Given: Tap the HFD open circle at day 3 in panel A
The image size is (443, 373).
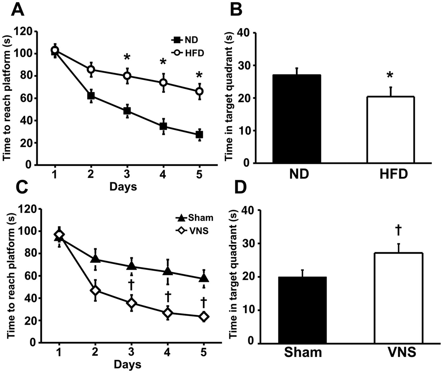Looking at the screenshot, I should tap(127, 76).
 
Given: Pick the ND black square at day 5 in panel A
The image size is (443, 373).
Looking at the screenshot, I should tap(199, 134).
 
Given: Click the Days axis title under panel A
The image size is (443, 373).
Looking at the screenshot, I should tap(123, 186).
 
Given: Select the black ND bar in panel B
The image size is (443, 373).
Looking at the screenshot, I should tap(297, 119).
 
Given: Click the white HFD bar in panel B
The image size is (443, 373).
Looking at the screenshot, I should tap(391, 129).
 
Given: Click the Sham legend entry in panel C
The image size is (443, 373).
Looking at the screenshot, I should tap(194, 218).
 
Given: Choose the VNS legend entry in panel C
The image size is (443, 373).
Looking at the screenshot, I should tap(192, 231).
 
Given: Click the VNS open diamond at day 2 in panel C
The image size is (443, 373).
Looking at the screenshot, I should tap(95, 291).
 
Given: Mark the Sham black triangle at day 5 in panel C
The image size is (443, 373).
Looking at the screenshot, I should tap(204, 278).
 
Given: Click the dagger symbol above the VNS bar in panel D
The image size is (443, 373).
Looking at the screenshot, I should tap(398, 231).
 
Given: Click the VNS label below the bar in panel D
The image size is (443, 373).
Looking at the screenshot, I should tap(402, 352).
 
